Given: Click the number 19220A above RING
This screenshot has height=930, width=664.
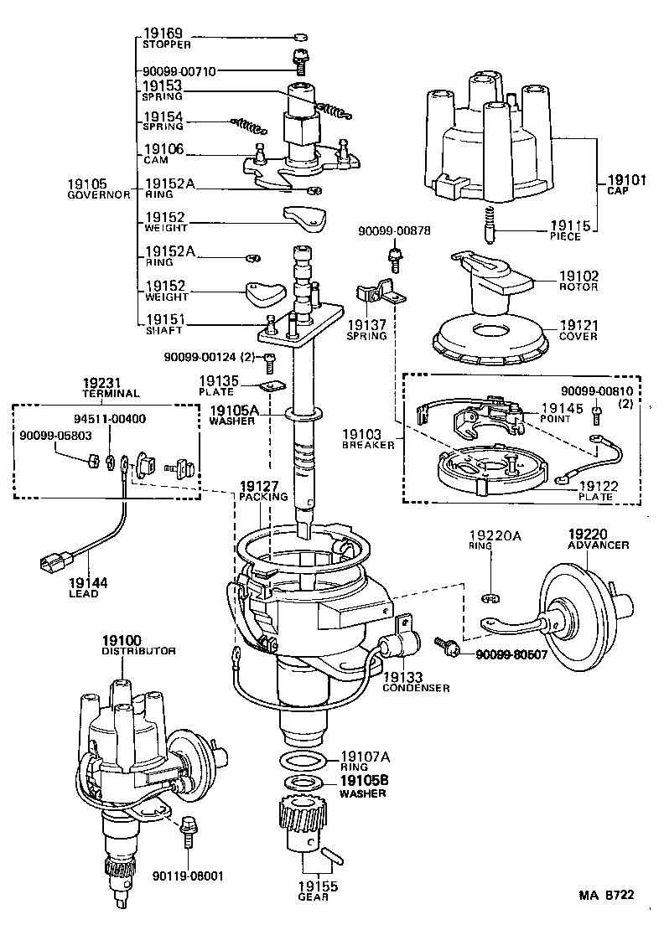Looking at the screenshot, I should pos(494,535).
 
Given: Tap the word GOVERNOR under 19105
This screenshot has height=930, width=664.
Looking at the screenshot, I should pos(99,194).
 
